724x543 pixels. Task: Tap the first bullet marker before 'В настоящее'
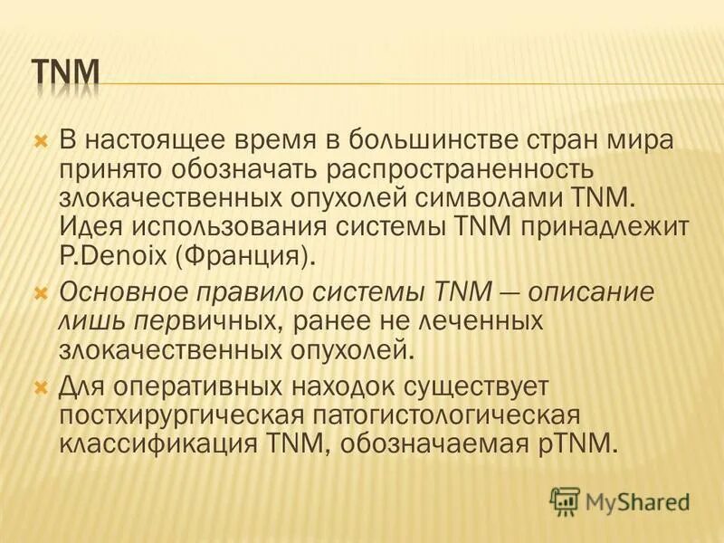(x=39, y=141)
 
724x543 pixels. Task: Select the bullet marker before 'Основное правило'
(x=39, y=293)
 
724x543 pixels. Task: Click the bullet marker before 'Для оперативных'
(x=39, y=388)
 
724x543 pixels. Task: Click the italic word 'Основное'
(x=119, y=293)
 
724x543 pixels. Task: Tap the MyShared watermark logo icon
(x=564, y=500)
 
